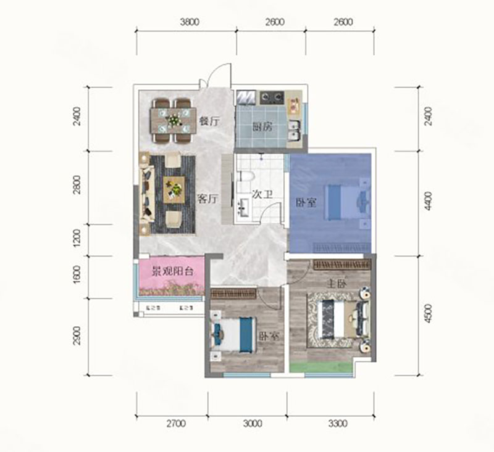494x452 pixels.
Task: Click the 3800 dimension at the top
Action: coord(189,23)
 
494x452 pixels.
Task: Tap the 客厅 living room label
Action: coord(209,199)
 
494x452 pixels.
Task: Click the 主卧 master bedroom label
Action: coord(337,284)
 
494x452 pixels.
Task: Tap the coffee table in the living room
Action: coord(174,188)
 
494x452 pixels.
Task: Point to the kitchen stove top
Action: coord(271,97)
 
